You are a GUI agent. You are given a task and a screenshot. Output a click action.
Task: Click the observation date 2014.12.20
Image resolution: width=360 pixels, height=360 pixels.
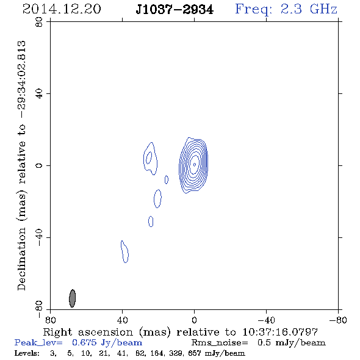click(62, 9)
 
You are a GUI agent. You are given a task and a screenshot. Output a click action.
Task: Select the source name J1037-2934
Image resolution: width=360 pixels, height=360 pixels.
click(175, 10)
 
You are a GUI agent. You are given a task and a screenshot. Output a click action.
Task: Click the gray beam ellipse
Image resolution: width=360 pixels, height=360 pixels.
click(73, 298)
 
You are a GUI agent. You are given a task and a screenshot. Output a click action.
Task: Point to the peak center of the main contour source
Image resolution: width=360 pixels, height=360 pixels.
click(195, 164)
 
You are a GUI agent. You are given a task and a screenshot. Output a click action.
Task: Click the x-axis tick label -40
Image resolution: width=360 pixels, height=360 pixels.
click(266, 320)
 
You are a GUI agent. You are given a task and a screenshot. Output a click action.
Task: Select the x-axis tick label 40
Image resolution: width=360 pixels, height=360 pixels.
click(122, 320)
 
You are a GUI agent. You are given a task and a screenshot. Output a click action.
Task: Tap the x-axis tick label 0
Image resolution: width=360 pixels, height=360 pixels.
click(194, 320)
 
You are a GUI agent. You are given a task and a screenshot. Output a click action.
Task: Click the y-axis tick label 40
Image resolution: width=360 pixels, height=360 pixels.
click(39, 93)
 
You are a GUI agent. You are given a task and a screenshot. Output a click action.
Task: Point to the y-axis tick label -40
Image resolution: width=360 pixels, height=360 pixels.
click(39, 237)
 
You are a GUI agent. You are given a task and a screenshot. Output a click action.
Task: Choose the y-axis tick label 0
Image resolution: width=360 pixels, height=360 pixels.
click(39, 165)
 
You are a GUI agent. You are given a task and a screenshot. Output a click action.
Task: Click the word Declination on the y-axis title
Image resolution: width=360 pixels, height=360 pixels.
click(21, 259)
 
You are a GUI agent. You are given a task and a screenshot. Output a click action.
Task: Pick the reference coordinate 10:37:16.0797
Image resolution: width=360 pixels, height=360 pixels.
click(280, 332)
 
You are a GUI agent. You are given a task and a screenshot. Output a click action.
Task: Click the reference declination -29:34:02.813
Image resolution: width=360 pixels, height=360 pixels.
click(22, 80)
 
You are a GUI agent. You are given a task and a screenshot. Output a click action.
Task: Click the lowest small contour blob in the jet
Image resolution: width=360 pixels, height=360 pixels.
click(125, 252)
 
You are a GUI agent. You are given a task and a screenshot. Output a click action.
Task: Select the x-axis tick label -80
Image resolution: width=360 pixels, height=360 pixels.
click(338, 320)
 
